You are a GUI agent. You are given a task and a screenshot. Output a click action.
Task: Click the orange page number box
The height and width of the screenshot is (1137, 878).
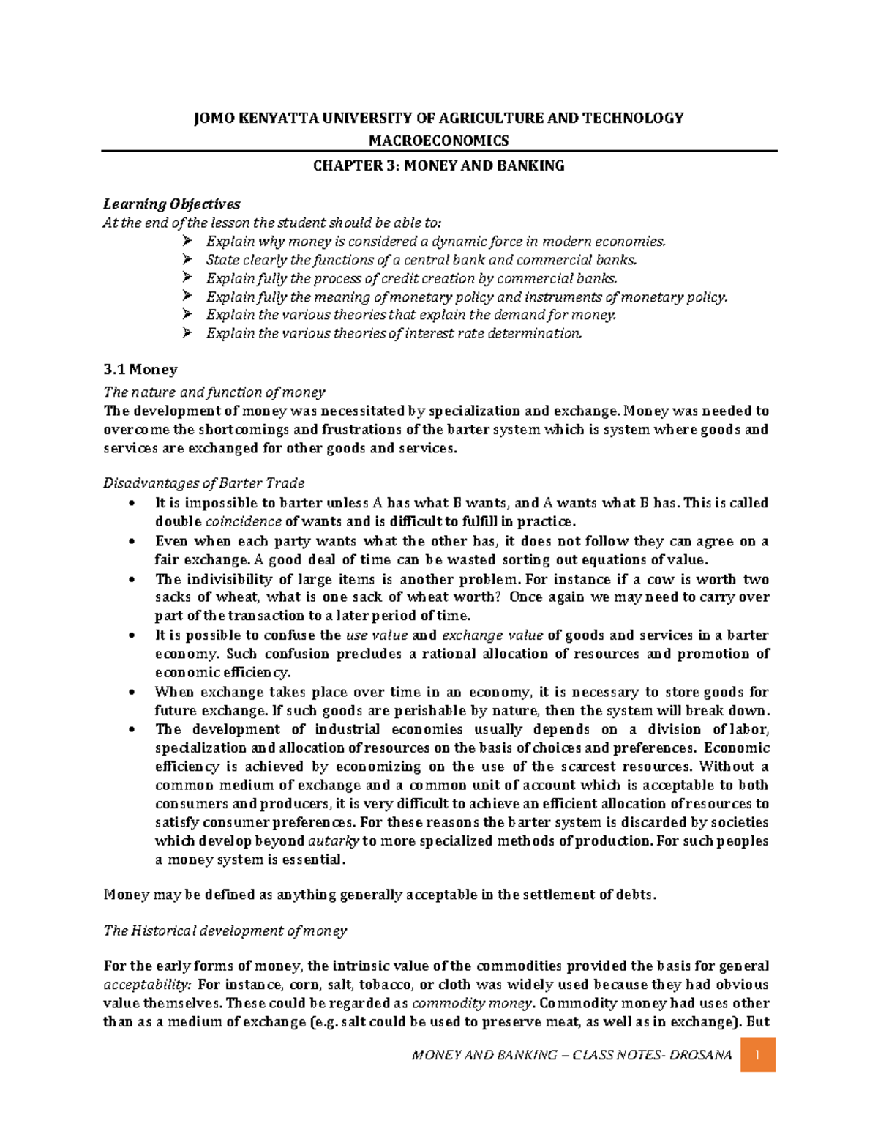(x=758, y=1055)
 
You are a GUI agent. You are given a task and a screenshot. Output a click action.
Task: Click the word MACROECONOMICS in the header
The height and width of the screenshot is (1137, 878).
(x=438, y=141)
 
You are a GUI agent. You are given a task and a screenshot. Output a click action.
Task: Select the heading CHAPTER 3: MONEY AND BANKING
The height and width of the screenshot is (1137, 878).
(x=438, y=166)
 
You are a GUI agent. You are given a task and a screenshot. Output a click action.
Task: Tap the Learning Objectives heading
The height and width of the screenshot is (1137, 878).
(x=171, y=204)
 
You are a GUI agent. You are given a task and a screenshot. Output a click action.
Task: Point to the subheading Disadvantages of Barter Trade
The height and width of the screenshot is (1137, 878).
(x=203, y=483)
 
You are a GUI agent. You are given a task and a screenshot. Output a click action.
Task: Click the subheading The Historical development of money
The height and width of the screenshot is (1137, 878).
(x=225, y=931)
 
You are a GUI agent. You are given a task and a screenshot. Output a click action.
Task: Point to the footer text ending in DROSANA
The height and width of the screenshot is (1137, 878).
(x=571, y=1055)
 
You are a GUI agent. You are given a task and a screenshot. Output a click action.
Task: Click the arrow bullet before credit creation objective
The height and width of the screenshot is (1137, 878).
(x=187, y=278)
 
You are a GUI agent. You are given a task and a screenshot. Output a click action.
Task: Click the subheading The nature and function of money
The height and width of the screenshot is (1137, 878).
(x=214, y=392)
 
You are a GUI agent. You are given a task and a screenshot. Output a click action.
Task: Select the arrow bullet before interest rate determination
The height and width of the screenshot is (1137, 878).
(x=187, y=333)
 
